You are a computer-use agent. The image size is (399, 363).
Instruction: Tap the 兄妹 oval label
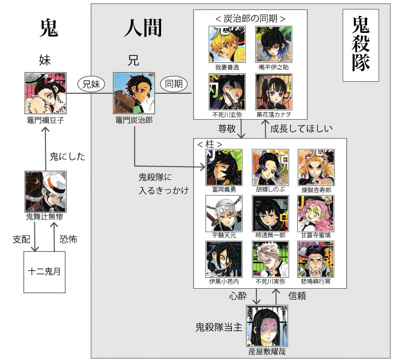92,84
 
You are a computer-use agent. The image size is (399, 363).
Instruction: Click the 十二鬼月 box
44,272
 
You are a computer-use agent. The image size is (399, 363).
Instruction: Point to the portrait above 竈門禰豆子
45,94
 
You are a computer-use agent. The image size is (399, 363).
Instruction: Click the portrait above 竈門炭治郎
132,94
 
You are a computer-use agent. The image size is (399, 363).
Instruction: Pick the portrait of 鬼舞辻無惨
45,191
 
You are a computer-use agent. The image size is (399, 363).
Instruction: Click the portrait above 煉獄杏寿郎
316,168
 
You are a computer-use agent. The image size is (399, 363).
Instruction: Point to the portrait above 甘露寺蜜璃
316,213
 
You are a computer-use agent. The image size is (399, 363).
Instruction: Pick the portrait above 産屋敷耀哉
267,326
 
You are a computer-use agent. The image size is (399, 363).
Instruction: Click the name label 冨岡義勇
223,190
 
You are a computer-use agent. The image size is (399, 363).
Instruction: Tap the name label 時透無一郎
270,235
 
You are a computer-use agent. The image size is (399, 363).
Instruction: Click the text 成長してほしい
301,129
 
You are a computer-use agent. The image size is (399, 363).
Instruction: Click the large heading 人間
143,29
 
